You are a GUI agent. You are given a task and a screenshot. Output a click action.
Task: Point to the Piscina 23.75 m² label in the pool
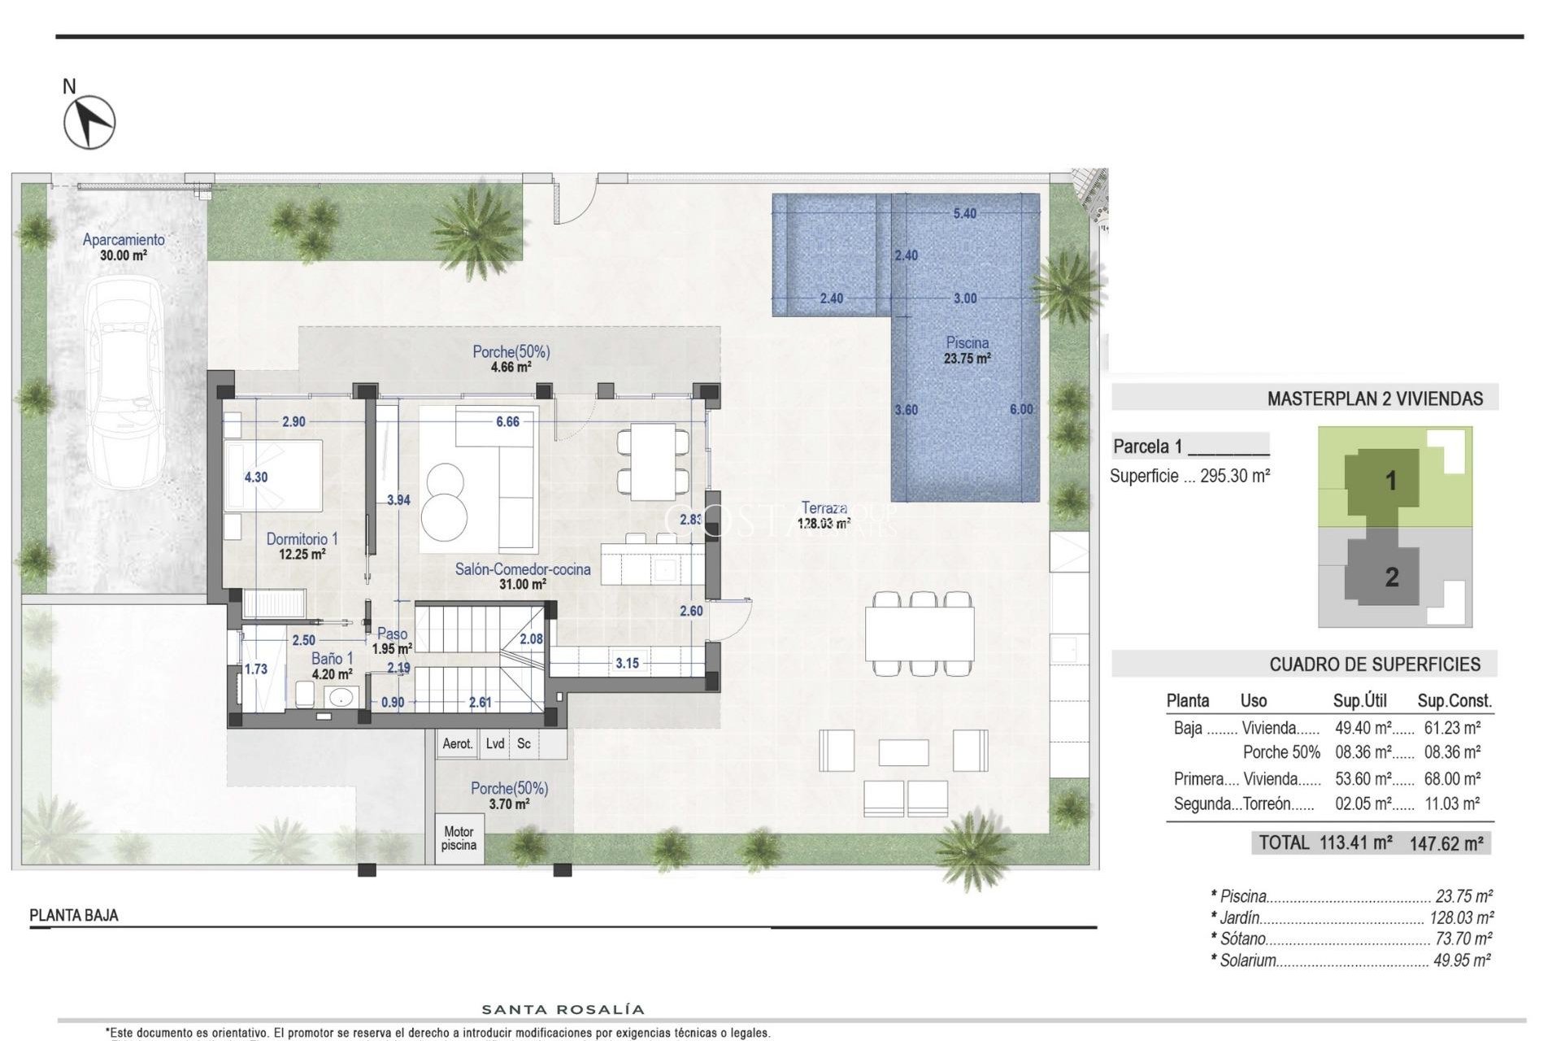tap(967, 351)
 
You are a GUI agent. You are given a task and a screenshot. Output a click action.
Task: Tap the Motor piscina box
tap(459, 838)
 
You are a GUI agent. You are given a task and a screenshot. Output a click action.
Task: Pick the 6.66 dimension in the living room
tap(507, 421)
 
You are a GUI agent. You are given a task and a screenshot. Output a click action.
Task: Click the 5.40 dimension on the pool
tap(964, 214)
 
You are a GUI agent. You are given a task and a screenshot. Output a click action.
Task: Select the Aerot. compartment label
tap(457, 743)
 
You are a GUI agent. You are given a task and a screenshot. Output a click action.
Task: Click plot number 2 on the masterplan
tap(1391, 577)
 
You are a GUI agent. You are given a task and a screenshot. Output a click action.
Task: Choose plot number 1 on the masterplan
tap(1390, 481)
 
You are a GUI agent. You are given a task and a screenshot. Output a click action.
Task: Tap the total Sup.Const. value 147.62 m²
tap(1446, 843)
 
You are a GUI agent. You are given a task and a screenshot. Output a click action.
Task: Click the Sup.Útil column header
tap(1359, 701)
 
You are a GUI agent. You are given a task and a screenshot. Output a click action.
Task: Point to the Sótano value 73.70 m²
tap(1463, 939)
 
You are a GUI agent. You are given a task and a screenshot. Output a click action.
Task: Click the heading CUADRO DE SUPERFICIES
tap(1374, 664)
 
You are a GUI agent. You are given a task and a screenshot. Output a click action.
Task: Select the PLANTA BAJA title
tap(74, 915)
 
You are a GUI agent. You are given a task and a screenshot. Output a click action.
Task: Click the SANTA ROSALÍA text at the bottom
tap(563, 1010)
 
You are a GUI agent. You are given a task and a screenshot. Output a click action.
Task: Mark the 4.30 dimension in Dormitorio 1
tap(255, 477)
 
